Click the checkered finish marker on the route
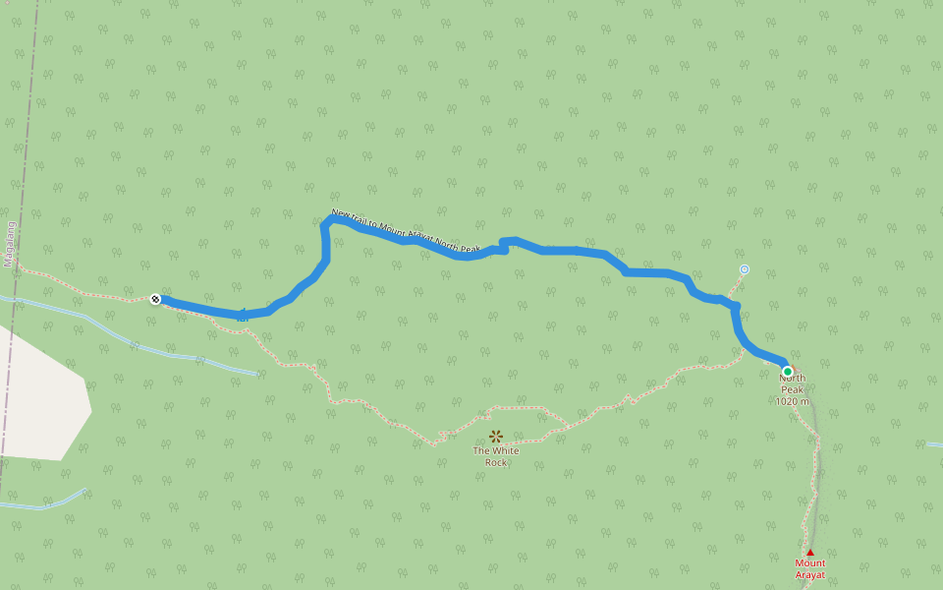click(155, 298)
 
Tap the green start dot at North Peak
click(787, 371)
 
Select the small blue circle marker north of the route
click(745, 268)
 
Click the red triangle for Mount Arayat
click(810, 552)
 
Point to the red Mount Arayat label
click(810, 568)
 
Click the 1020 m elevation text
click(792, 401)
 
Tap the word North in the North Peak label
click(792, 379)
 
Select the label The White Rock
click(496, 456)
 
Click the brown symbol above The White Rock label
click(496, 436)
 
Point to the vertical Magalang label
click(10, 244)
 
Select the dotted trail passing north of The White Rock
click(521, 407)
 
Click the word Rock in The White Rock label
click(496, 462)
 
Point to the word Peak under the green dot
click(792, 389)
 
